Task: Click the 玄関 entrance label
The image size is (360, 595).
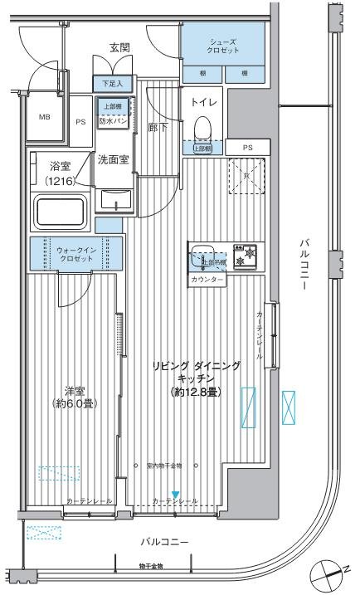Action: point(119,48)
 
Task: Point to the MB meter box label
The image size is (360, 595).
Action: point(44,117)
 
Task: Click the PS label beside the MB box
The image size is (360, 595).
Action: point(80,121)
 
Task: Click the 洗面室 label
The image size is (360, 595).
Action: point(112,159)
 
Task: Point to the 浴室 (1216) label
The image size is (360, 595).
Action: point(59,173)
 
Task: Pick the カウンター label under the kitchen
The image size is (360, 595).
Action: point(207,280)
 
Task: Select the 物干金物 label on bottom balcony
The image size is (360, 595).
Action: point(151,566)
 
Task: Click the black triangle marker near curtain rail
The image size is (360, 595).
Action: point(174,495)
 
